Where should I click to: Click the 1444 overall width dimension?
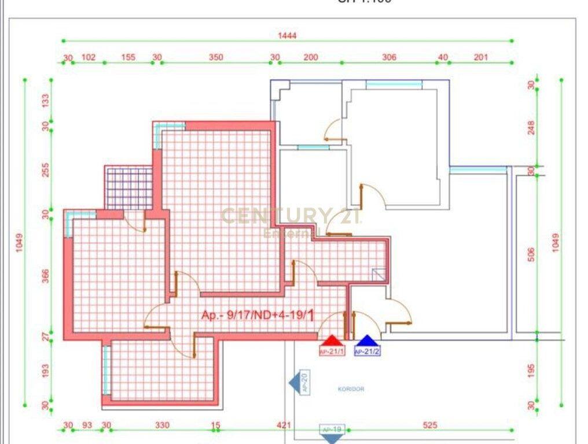(287, 35)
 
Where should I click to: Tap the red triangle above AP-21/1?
(332, 341)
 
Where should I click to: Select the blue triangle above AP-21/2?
(367, 341)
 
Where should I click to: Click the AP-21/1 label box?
(332, 351)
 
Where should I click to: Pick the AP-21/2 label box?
(367, 351)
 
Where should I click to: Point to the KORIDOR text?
(351, 389)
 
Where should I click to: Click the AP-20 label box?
(304, 383)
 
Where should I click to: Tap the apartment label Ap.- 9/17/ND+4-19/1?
(258, 315)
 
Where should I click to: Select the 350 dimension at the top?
(216, 57)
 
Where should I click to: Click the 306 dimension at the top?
(389, 57)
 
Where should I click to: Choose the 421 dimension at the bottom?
(284, 425)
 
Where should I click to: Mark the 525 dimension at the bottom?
(430, 425)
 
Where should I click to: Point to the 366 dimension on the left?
(46, 276)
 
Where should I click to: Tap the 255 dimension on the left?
(46, 170)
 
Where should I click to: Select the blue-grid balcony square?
(129, 188)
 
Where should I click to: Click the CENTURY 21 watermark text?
(291, 216)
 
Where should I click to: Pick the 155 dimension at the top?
(128, 57)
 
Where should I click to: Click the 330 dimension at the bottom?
(163, 425)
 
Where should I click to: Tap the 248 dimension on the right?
(531, 127)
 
